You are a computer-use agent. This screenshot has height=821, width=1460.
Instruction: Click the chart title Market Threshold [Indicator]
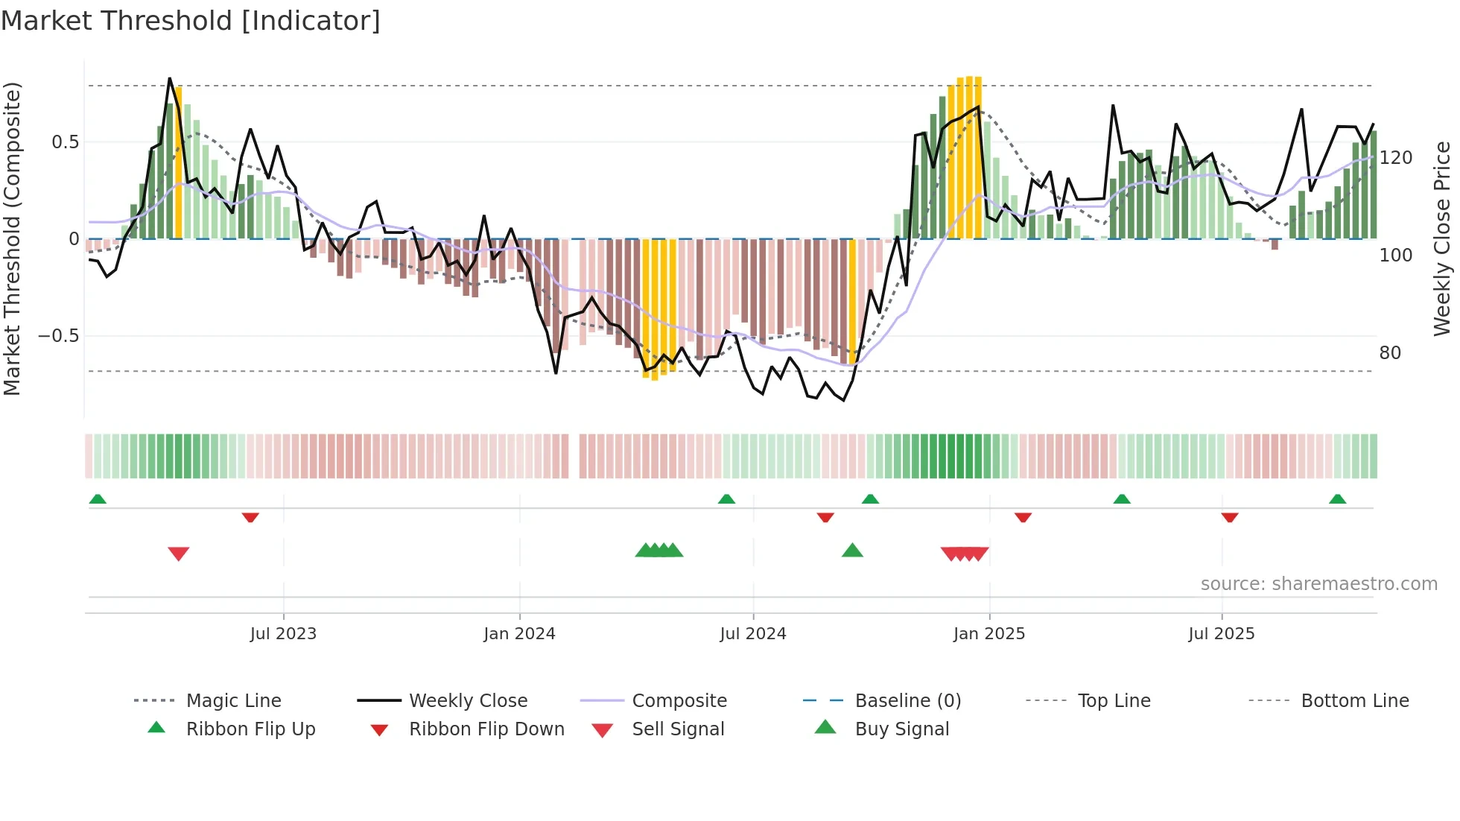coord(191,21)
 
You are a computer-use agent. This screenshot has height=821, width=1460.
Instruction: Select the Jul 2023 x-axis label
coord(283,634)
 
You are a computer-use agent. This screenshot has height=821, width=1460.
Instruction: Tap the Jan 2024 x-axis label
coord(519,634)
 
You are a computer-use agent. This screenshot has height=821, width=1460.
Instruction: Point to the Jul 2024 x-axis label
coord(752,634)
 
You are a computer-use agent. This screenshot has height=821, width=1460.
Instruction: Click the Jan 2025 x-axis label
coord(988,634)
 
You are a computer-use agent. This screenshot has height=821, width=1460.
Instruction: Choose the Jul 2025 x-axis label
coord(1221,634)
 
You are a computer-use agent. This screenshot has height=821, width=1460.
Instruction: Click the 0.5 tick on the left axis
coord(65,142)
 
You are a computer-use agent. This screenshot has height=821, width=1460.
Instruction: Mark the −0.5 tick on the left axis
coord(58,336)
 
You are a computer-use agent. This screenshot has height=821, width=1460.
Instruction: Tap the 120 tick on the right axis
coord(1395,158)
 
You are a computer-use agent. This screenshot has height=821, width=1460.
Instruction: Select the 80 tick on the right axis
coord(1390,353)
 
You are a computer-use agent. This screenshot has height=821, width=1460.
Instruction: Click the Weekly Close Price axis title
coord(1442,238)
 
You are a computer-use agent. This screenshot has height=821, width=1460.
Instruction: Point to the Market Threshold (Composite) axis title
coord(12,238)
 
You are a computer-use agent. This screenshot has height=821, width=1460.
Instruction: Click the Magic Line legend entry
coord(233,701)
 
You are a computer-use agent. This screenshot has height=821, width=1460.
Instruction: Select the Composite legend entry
coord(679,701)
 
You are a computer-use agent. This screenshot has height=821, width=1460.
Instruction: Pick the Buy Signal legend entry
coord(901,729)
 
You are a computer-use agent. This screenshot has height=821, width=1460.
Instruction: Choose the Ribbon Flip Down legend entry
coord(486,729)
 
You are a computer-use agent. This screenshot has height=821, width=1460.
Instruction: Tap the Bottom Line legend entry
coord(1354,701)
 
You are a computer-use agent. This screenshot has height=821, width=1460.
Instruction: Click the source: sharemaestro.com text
coord(1318,584)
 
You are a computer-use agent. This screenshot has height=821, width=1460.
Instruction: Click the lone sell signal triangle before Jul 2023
coord(179,553)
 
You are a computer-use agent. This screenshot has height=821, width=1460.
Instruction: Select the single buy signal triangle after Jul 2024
coord(852,551)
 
